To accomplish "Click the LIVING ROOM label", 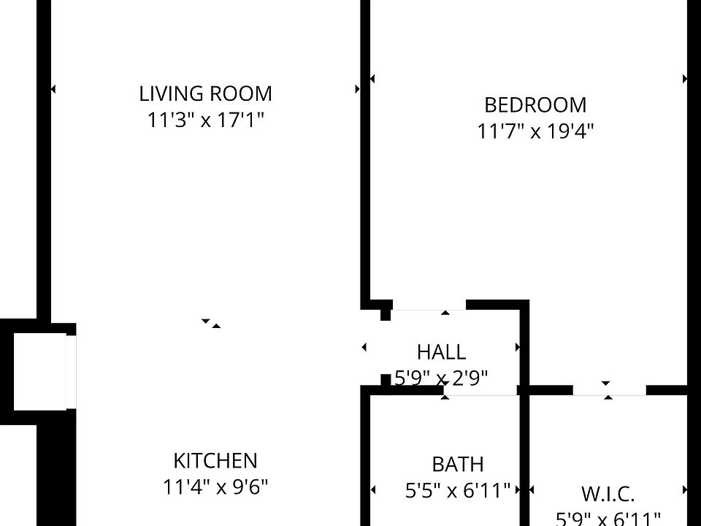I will click(205, 94).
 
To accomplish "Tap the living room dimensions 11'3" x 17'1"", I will click(205, 120).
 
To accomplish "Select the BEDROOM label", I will click(535, 105).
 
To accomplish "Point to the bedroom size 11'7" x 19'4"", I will click(535, 131).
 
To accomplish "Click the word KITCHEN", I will click(215, 461).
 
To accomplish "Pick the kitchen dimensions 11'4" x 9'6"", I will click(215, 487).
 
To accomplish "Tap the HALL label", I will click(441, 352).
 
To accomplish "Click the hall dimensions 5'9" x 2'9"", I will click(441, 378).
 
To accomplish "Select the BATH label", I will click(457, 464).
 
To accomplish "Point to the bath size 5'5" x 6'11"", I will click(457, 490).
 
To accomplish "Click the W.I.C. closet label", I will click(608, 494).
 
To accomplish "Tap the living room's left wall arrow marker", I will click(53, 89).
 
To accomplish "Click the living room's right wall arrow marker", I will click(357, 89).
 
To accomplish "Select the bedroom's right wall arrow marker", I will click(685, 78).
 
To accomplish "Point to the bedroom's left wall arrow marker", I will click(372, 78).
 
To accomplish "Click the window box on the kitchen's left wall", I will click(40, 370).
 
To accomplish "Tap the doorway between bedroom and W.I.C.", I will click(609, 390).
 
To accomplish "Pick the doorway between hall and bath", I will click(482, 395).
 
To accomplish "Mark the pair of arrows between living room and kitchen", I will click(211, 323).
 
